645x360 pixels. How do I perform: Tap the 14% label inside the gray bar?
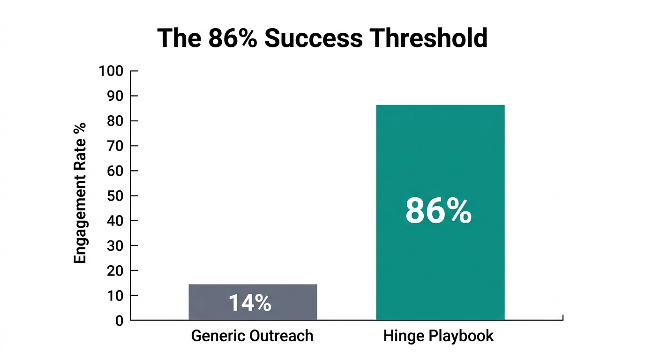[250, 303]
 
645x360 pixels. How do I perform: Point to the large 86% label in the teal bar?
[438, 211]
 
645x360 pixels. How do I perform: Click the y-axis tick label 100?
[111, 71]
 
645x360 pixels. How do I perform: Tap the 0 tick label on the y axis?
[119, 321]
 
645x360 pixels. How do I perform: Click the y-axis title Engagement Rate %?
[80, 193]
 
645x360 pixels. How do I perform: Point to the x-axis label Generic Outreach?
[252, 336]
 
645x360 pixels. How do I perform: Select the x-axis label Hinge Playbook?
[438, 336]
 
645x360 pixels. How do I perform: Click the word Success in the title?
[314, 38]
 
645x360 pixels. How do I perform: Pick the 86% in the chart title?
[232, 38]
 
